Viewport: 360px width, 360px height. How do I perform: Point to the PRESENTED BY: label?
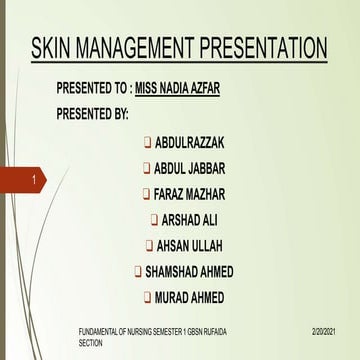point(93,113)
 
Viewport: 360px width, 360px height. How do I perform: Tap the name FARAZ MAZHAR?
point(197,193)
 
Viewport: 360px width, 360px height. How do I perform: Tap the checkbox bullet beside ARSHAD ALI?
point(153,219)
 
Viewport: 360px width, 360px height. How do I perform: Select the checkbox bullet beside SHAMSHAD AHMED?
point(137,271)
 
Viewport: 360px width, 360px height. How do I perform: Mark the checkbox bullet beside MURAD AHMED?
point(146,297)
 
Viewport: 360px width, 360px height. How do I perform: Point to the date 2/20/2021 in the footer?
point(322,329)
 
